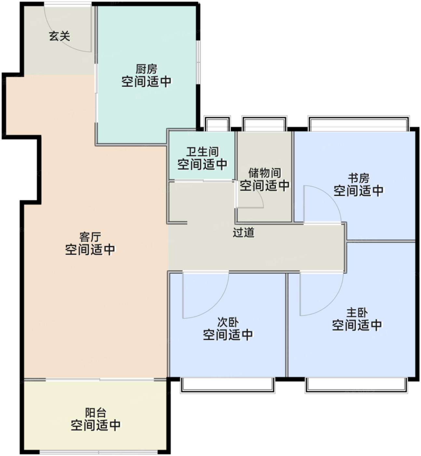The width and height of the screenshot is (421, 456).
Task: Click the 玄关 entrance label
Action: click(60, 36)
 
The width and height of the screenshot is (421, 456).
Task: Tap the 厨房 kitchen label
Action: click(146, 69)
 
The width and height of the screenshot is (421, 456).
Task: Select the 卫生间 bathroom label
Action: click(202, 152)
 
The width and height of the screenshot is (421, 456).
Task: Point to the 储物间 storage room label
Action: click(265, 173)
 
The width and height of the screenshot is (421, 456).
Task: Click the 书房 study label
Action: click(359, 178)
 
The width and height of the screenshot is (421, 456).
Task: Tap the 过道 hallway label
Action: click(243, 232)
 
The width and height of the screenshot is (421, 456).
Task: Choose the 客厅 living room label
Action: click(90, 237)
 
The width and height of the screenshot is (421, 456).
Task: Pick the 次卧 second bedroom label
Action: click(228, 322)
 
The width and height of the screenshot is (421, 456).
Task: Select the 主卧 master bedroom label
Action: click(357, 313)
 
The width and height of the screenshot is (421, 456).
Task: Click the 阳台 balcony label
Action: click(96, 413)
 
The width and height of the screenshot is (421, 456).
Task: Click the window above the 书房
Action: click(358, 123)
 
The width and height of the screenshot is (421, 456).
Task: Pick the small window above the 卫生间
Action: click(217, 123)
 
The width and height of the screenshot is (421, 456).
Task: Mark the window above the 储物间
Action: click(264, 123)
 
